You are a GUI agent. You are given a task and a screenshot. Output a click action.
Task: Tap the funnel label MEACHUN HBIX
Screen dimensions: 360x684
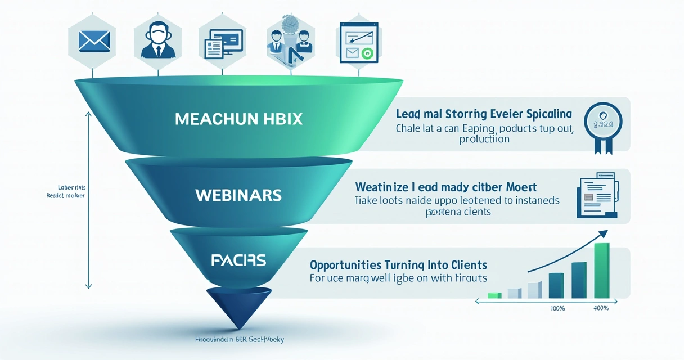[238, 119]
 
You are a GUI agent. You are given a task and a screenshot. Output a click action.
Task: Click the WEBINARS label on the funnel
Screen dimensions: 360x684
[238, 195]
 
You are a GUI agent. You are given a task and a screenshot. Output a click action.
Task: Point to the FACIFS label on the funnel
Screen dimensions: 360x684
[238, 260]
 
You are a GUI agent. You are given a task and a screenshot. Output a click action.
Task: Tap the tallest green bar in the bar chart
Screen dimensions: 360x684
[601, 270]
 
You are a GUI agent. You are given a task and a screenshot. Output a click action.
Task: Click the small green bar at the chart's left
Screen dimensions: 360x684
[494, 295]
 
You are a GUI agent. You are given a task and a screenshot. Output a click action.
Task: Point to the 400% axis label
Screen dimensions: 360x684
[601, 308]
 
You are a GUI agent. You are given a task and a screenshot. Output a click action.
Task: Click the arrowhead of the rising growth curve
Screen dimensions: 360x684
[604, 233]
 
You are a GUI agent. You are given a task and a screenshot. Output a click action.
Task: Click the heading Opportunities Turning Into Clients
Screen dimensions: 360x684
[399, 264]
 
